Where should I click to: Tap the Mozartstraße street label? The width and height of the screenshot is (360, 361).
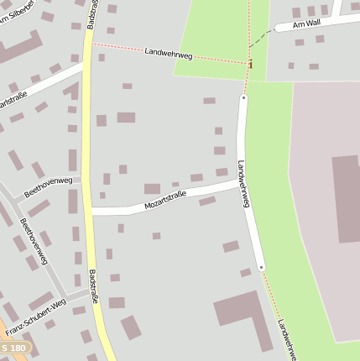coord(165,200)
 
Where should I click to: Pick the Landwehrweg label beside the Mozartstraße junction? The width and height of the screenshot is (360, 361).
coord(243,184)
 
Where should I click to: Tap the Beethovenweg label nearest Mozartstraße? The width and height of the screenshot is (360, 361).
coord(48,186)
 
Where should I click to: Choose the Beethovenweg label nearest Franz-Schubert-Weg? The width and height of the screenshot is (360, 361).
coord(32,243)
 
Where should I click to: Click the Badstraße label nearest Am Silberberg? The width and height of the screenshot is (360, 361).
coord(90,14)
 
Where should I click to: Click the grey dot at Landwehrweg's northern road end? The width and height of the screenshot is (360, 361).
coord(244,97)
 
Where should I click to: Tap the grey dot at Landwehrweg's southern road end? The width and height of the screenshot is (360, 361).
coord(262,268)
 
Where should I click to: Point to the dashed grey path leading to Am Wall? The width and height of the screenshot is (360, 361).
coord(262,38)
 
